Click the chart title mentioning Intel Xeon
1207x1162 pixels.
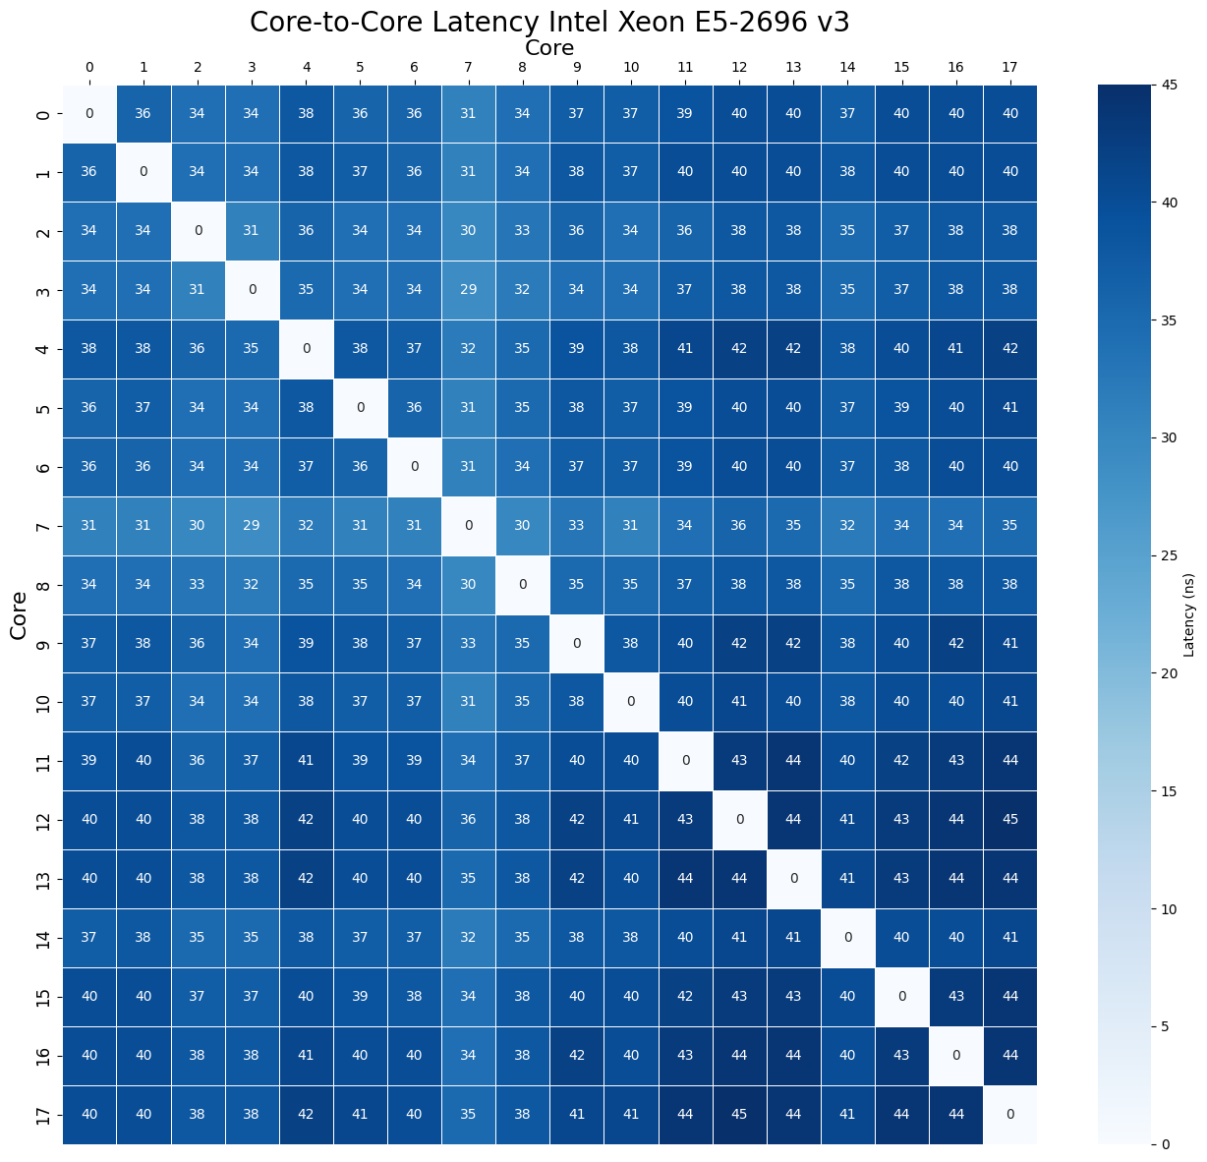(x=548, y=22)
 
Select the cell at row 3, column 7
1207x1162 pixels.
(x=469, y=290)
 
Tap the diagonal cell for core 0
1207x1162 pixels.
(x=89, y=113)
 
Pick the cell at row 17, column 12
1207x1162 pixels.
(x=739, y=1114)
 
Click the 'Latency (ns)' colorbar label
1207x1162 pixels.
(x=1189, y=614)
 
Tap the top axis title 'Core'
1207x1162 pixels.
(x=548, y=47)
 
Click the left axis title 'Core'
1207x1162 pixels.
(x=19, y=614)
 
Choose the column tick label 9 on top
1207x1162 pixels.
(x=577, y=68)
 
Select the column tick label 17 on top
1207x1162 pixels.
(x=1009, y=68)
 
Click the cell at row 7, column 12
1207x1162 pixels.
(x=739, y=526)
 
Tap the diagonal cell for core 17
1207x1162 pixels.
(x=1009, y=1114)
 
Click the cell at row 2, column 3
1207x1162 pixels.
(x=252, y=231)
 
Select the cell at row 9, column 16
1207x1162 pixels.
(x=955, y=643)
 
